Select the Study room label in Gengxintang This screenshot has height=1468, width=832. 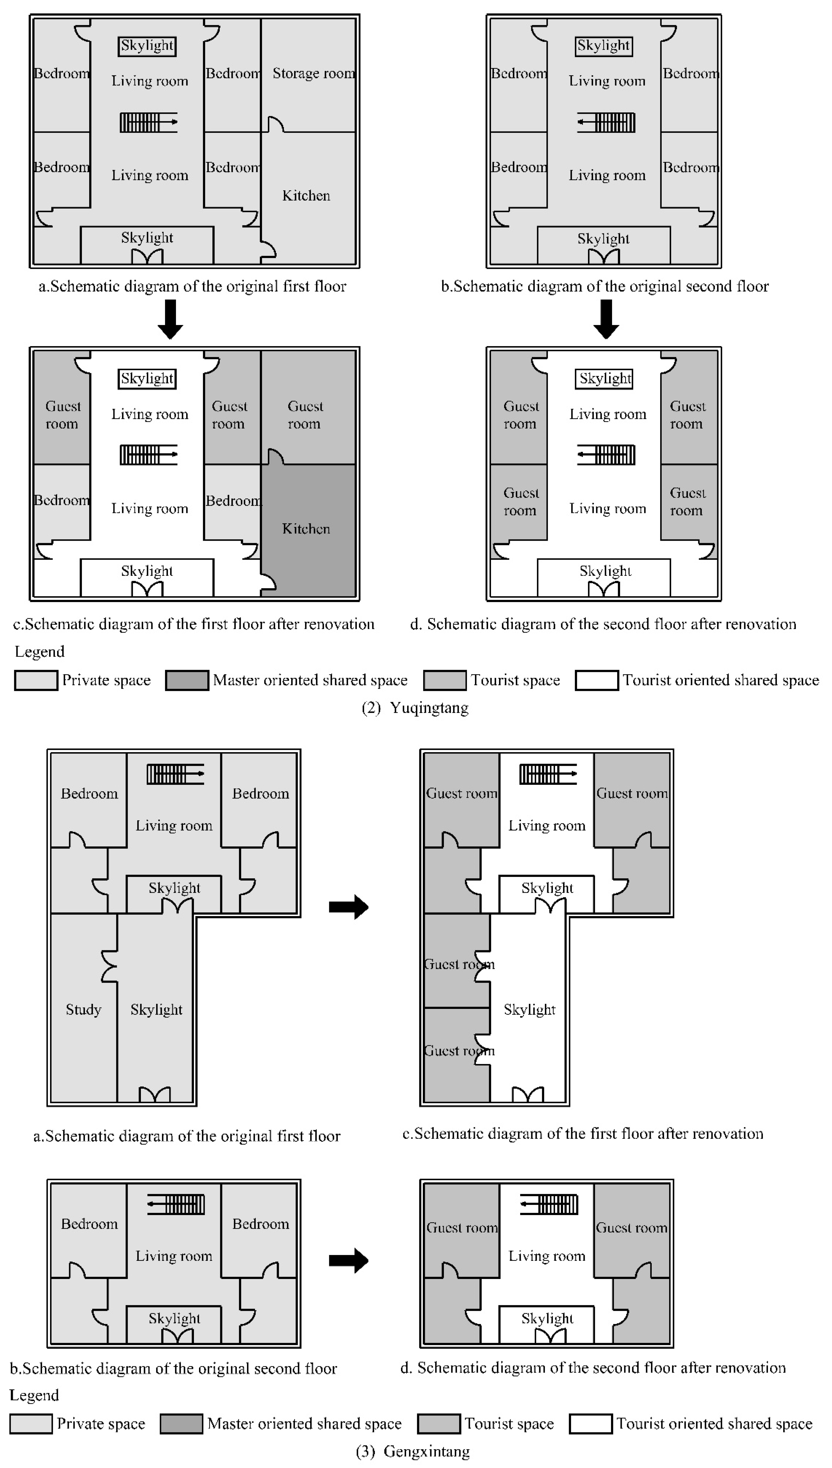(x=83, y=1009)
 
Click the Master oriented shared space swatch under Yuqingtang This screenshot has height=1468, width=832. (x=187, y=680)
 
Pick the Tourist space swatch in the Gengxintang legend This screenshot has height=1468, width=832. (x=439, y=1424)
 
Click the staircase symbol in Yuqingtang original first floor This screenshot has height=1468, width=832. (x=149, y=122)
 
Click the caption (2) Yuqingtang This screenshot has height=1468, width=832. (x=415, y=708)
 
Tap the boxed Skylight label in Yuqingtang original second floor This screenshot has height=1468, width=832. (x=604, y=46)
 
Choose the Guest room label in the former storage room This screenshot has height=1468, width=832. (x=305, y=415)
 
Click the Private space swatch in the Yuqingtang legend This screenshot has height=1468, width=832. (x=36, y=680)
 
